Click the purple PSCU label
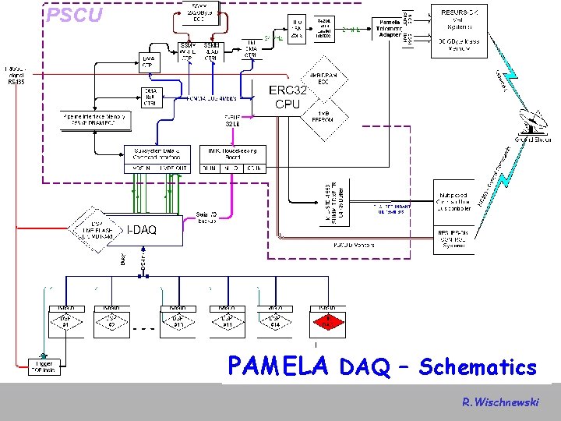click(x=74, y=15)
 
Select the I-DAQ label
click(x=141, y=229)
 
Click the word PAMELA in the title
click(x=278, y=366)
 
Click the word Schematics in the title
click(x=478, y=367)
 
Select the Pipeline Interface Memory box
click(x=94, y=119)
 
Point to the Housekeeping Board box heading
click(x=233, y=153)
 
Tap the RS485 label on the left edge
click(x=16, y=80)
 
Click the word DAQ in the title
click(x=366, y=368)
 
